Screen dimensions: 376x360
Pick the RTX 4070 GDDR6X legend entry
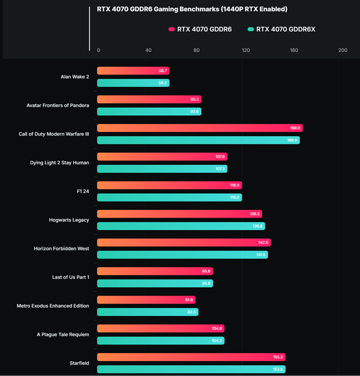click(x=285, y=29)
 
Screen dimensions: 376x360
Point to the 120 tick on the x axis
click(x=245, y=50)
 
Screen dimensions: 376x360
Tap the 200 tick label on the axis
click(x=343, y=50)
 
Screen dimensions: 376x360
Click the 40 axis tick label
click(x=148, y=50)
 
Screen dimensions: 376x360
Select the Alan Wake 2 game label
click(x=75, y=77)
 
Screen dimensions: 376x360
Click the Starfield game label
click(x=79, y=363)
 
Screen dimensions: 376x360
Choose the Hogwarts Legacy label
click(x=69, y=220)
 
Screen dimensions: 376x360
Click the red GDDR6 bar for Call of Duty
click(x=199, y=128)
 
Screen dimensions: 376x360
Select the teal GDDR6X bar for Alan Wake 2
click(x=133, y=83)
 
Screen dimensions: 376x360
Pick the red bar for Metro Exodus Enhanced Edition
click(x=146, y=300)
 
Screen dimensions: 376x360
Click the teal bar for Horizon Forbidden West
click(x=182, y=255)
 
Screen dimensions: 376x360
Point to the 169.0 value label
click(x=295, y=128)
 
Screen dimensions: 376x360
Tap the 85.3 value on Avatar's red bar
click(x=194, y=100)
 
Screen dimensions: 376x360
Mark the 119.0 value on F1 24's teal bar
click(x=235, y=197)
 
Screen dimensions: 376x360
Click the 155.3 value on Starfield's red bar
click(x=278, y=357)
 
